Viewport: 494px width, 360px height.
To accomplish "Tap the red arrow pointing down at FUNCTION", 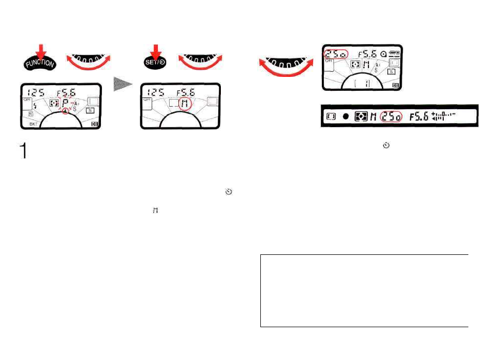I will pyautogui.click(x=42, y=48).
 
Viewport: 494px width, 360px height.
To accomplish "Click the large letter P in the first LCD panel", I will pyautogui.click(x=67, y=102).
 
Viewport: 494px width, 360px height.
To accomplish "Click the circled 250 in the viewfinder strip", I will pyautogui.click(x=391, y=116).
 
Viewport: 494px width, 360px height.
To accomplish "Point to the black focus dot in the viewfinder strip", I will pyautogui.click(x=345, y=117).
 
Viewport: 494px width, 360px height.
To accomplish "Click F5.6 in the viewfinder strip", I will pyautogui.click(x=419, y=116).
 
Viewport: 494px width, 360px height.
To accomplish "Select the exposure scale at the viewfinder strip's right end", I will pyautogui.click(x=444, y=116).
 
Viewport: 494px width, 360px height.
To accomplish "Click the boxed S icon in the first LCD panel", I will pyautogui.click(x=90, y=110).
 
